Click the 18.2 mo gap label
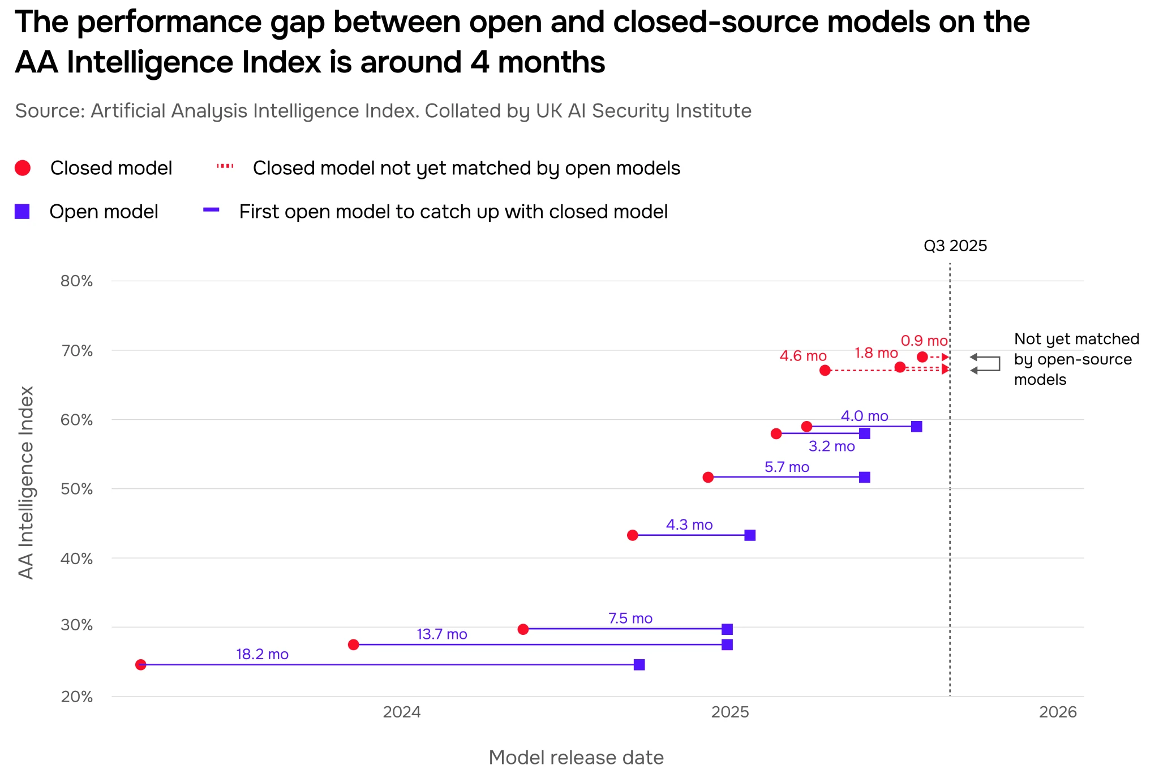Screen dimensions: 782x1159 [262, 654]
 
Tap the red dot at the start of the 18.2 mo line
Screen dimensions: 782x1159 [141, 664]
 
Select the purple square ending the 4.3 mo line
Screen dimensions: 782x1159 [750, 535]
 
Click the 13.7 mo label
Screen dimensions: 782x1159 [442, 634]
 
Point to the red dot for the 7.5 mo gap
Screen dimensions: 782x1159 [523, 629]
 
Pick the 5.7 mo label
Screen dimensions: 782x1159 [787, 467]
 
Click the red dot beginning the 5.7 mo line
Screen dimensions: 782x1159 [708, 477]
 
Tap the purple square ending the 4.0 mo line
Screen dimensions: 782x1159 [917, 427]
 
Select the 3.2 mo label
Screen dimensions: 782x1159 [831, 446]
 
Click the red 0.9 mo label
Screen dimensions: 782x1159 [924, 341]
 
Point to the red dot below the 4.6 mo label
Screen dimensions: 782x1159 [825, 370]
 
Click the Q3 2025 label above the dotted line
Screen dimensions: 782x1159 [955, 246]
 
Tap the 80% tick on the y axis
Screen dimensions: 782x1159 [76, 281]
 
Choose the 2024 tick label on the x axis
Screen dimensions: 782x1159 [402, 712]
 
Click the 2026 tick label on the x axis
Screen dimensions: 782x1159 [1058, 712]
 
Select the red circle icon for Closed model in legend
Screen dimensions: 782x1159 [23, 168]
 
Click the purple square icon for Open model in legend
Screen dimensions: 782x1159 [22, 212]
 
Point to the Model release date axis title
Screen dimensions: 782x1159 [576, 758]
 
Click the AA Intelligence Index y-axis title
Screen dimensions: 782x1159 [26, 482]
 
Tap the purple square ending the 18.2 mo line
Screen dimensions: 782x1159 [639, 664]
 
